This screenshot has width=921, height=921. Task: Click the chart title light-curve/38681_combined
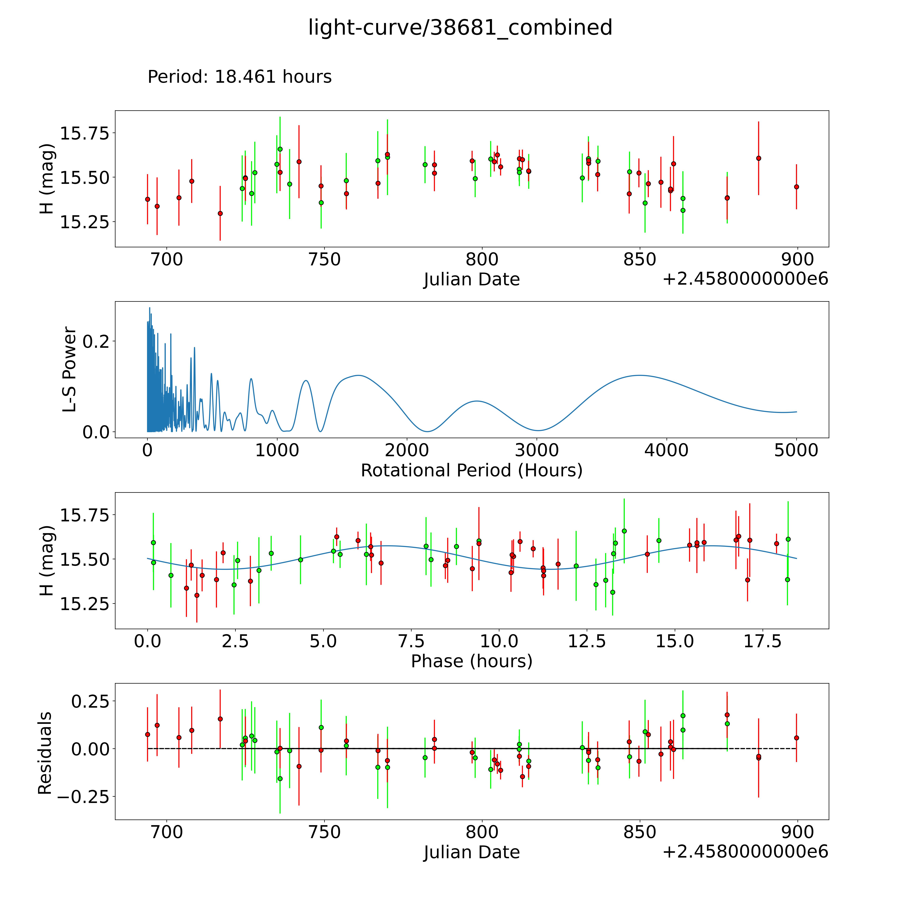pos(460,28)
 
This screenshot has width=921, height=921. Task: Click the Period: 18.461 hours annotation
pos(239,77)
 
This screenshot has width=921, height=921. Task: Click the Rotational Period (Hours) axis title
pos(471,471)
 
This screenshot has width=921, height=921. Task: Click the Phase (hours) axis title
pos(471,661)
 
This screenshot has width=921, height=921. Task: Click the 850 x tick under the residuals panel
pos(640,832)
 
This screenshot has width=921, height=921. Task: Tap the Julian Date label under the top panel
pos(471,279)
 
